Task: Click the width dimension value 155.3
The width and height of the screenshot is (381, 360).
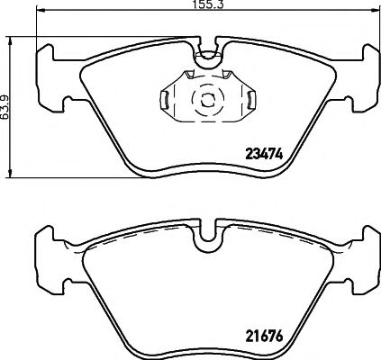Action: pyautogui.click(x=207, y=6)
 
